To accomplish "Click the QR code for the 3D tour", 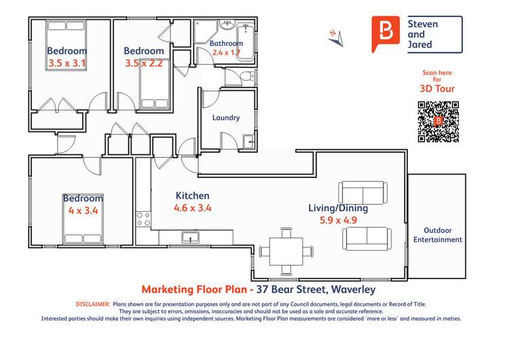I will coord(438,122).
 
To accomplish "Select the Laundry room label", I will coord(226,118).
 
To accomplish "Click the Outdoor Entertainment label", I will coord(438,234).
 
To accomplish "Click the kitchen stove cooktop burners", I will coord(143,219).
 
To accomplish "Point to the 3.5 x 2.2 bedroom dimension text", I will coord(144,63).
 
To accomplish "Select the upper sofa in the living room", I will coord(360,193).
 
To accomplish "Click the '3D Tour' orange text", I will coord(437,89).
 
